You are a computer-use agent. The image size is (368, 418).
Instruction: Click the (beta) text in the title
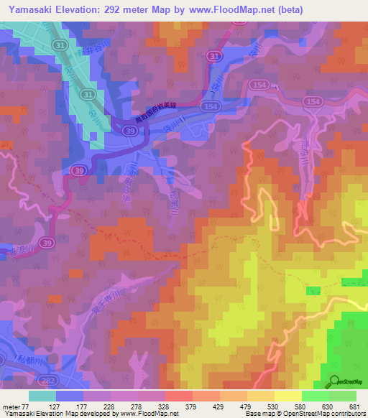287,10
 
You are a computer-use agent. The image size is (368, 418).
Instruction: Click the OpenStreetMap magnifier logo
333,381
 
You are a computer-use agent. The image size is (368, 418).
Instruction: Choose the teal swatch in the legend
42,396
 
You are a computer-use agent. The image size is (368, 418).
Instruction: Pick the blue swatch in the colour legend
70,396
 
